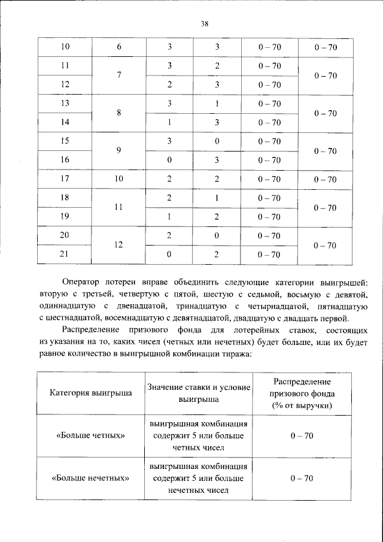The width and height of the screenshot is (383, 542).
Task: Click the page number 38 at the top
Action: coord(204,24)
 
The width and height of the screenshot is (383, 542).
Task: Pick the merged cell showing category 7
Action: coord(118,75)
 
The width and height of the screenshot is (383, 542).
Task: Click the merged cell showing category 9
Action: coord(118,151)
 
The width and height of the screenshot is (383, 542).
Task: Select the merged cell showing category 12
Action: coord(118,245)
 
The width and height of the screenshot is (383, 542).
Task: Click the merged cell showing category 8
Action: coord(118,113)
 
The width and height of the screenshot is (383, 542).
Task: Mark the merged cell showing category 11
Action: coord(118,207)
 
